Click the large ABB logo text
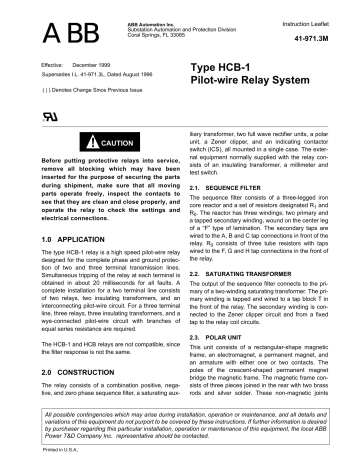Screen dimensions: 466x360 click(53, 34)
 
